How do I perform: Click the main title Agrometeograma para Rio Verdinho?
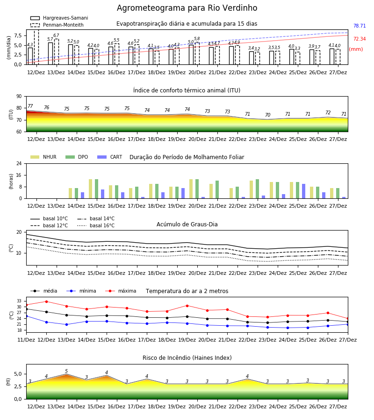pyautogui.click(x=187, y=8)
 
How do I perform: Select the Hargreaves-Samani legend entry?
pyautogui.click(x=59, y=18)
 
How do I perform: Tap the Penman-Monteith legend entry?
pyautogui.click(x=57, y=25)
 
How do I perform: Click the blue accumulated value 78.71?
pyautogui.click(x=360, y=26)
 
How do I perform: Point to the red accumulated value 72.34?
pyautogui.click(x=360, y=39)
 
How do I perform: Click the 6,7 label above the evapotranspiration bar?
pyautogui.click(x=56, y=35)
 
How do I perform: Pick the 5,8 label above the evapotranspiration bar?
pyautogui.click(x=197, y=39)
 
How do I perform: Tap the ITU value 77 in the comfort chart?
pyautogui.click(x=30, y=106)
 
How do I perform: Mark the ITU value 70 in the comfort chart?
pyautogui.click(x=267, y=115)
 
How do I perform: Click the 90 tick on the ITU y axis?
pyautogui.click(x=19, y=97)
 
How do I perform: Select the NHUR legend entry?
pyautogui.click(x=43, y=157)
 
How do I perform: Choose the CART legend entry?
pyautogui.click(x=110, y=157)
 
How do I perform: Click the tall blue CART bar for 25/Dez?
pyautogui.click(x=304, y=191)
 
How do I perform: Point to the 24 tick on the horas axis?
pyautogui.click(x=19, y=163)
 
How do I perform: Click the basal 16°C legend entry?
pyautogui.click(x=96, y=225)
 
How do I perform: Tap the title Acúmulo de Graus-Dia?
pyautogui.click(x=187, y=224)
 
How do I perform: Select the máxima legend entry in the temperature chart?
pyautogui.click(x=121, y=291)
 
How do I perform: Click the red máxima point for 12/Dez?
pyautogui.click(x=46, y=301)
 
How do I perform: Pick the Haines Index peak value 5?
pyautogui.click(x=66, y=371)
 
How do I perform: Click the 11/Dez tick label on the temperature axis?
pyautogui.click(x=26, y=340)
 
